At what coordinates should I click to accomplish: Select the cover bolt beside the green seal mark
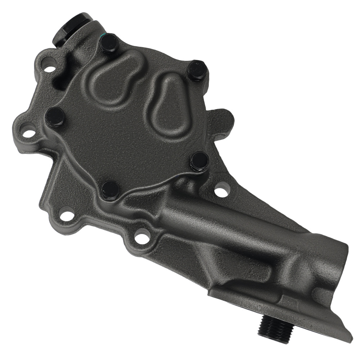click(x=109, y=44)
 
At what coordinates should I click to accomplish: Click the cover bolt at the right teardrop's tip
click(x=197, y=70)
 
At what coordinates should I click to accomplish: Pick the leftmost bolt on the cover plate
click(x=55, y=117)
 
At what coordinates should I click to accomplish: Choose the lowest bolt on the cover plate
click(x=110, y=190)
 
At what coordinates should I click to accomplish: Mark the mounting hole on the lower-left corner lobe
click(x=67, y=216)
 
